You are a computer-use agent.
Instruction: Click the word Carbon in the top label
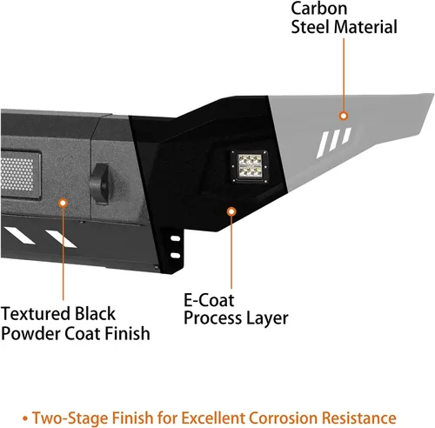point(318,8)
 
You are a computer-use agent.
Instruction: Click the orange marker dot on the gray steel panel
point(344,116)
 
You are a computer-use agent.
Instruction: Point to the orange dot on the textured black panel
point(63,203)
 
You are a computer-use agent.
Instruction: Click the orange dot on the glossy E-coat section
point(231,211)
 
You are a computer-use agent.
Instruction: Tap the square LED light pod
point(250,166)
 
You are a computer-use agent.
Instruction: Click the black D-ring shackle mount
point(100,184)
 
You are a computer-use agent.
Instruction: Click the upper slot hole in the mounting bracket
point(176,238)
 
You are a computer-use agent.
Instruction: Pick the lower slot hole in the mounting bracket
point(176,255)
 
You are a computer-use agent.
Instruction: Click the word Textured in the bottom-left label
point(36,314)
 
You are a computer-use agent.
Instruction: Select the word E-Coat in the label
point(209,300)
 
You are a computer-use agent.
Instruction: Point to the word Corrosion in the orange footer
point(284,418)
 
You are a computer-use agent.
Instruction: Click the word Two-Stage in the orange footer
point(70,418)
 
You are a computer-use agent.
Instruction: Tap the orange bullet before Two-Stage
point(25,418)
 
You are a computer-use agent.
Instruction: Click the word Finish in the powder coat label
point(127,333)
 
